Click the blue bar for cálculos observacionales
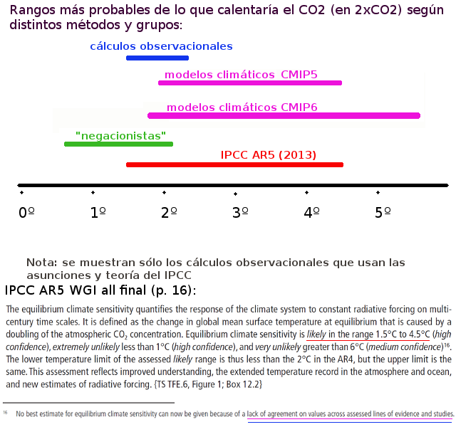click(157, 58)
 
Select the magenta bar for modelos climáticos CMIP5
click(250, 83)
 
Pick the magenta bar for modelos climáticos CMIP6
click(284, 115)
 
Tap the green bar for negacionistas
click(118, 144)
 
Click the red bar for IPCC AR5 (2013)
click(234, 164)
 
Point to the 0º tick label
click(26, 212)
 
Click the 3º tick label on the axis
click(241, 212)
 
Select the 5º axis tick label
click(383, 212)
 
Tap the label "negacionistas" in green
click(120, 135)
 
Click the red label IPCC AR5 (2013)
click(269, 154)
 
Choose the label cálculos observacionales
click(161, 46)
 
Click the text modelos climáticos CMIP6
click(242, 107)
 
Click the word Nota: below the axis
click(41, 262)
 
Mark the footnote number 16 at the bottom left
click(6, 411)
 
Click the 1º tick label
click(98, 212)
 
